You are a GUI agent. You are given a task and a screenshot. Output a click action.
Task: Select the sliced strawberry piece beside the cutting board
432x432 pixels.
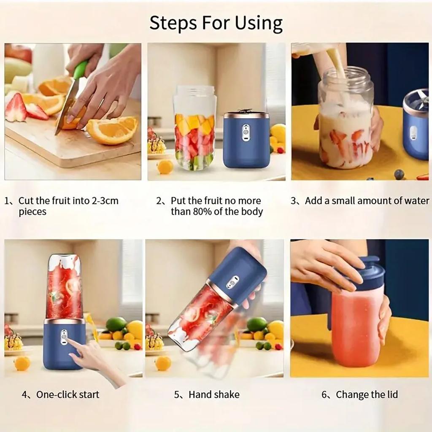coord(16,108)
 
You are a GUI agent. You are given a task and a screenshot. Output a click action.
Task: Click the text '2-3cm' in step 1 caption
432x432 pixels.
coord(105,201)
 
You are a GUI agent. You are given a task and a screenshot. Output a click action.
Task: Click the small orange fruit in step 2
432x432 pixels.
coord(165,167)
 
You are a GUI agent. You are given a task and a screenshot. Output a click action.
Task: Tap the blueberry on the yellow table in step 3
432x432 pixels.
coord(399,174)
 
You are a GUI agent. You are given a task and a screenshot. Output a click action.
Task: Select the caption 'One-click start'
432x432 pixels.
coord(67,395)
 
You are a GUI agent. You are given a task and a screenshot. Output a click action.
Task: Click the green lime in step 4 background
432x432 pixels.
coord(116,324)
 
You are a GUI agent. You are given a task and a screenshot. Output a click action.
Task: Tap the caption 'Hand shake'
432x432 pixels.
coord(213,395)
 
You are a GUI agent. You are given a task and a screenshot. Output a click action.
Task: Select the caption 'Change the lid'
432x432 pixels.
coord(366,395)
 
